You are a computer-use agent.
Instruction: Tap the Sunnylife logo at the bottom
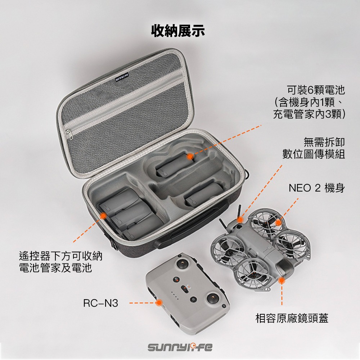pyautogui.click(x=180, y=348)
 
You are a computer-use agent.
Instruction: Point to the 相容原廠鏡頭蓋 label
pyautogui.click(x=292, y=318)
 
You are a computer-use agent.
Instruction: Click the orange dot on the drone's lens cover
pyautogui.click(x=282, y=279)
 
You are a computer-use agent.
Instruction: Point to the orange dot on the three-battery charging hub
pyautogui.click(x=102, y=215)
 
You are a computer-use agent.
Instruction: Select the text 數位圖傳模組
pyautogui.click(x=314, y=154)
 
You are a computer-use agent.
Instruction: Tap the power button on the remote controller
pyautogui.click(x=193, y=300)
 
